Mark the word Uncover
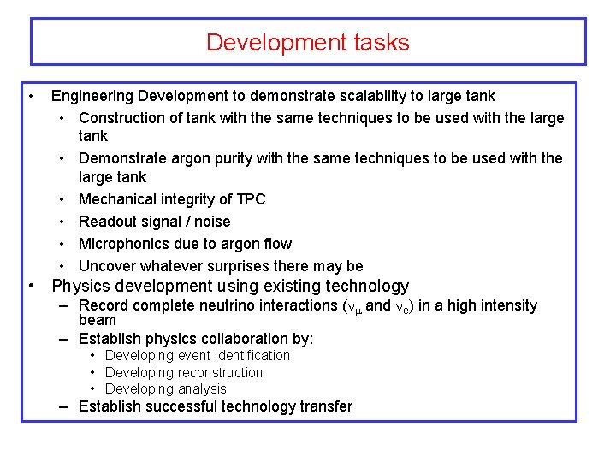[x=107, y=266]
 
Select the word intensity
[x=508, y=305]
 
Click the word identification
[x=250, y=355]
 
